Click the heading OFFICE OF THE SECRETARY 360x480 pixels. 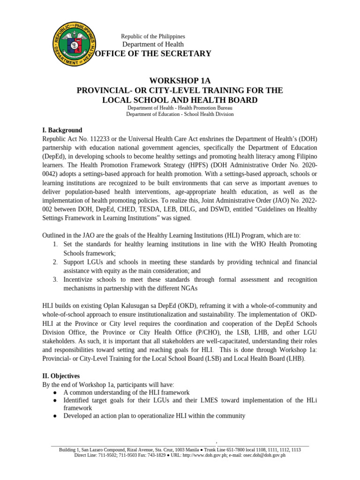click(153, 54)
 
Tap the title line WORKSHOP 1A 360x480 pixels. click(180, 81)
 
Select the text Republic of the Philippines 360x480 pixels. click(153, 36)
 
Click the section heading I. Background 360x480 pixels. click(62, 130)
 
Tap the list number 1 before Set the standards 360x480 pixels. click(54, 244)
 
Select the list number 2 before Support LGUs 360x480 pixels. click(54, 262)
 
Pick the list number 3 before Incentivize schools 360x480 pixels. click(54, 279)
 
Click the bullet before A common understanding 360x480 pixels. click(55, 392)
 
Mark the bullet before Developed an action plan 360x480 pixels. click(55, 416)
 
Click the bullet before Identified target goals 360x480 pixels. click(55, 400)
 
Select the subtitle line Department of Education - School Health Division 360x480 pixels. click(180, 114)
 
